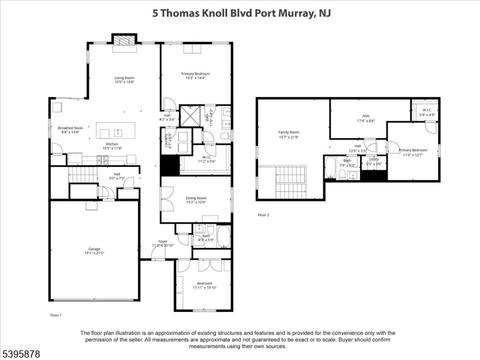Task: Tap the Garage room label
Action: (x=94, y=251)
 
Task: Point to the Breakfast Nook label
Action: (x=70, y=130)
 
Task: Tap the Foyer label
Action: (x=163, y=243)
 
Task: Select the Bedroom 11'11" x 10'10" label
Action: (x=205, y=286)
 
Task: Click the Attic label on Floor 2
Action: (x=366, y=118)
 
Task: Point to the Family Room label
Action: (x=289, y=134)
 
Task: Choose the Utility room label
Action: (x=374, y=161)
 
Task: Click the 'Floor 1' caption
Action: (x=55, y=315)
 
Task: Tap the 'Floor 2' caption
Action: (x=263, y=215)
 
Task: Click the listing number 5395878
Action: (x=21, y=354)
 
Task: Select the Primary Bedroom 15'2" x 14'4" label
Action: (x=195, y=76)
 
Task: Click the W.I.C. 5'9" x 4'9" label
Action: (x=427, y=112)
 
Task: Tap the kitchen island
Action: (x=116, y=132)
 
